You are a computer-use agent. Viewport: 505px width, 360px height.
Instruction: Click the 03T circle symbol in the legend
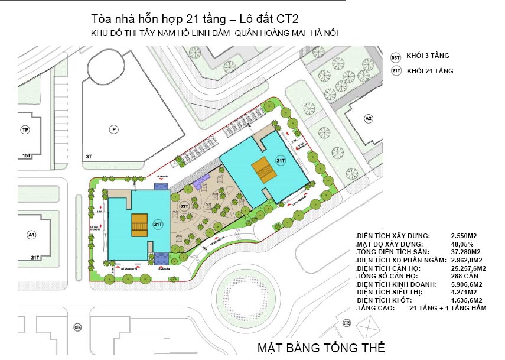click(396, 57)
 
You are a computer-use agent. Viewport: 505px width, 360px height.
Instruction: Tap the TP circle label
click(25, 129)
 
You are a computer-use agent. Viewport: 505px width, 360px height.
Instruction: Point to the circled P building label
click(112, 128)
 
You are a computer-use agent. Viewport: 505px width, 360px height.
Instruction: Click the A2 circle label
click(369, 119)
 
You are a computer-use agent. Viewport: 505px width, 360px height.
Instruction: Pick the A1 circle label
click(31, 235)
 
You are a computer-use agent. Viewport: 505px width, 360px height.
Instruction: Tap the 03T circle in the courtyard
click(184, 206)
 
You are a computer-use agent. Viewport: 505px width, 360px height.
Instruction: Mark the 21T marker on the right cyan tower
click(281, 160)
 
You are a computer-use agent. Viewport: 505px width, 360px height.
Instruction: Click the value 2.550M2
click(463, 236)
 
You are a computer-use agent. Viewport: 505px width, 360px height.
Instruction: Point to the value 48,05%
click(462, 244)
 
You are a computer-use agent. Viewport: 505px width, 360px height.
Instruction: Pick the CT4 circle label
click(77, 327)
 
